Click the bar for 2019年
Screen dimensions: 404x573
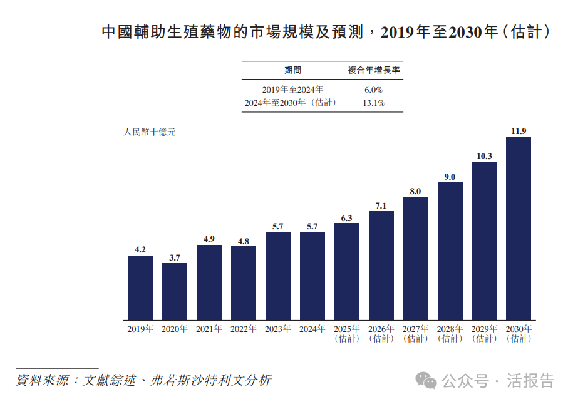click(x=140, y=287)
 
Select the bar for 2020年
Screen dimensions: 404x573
click(x=175, y=291)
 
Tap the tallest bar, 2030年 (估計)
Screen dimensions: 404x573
click(x=518, y=229)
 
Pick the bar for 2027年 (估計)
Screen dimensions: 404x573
click(x=415, y=259)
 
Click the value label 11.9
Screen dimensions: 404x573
click(x=518, y=131)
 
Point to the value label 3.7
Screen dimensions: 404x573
click(x=175, y=257)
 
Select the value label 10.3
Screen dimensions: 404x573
click(x=484, y=155)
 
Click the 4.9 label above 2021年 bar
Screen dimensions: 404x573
click(x=209, y=239)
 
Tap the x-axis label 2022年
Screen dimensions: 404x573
click(x=244, y=329)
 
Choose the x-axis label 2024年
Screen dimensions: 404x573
click(x=312, y=329)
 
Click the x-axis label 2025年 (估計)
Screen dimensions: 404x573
click(x=346, y=334)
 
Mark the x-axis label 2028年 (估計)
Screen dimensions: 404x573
click(x=450, y=334)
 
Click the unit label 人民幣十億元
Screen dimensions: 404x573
click(x=150, y=132)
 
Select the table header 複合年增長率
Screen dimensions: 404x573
click(x=373, y=70)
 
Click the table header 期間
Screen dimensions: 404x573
click(x=292, y=70)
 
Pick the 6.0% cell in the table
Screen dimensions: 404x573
click(x=373, y=90)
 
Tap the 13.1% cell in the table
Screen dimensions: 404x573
click(x=373, y=103)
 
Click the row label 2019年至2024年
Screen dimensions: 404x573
click(x=292, y=90)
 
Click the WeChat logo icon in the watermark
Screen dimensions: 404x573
click(x=427, y=380)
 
